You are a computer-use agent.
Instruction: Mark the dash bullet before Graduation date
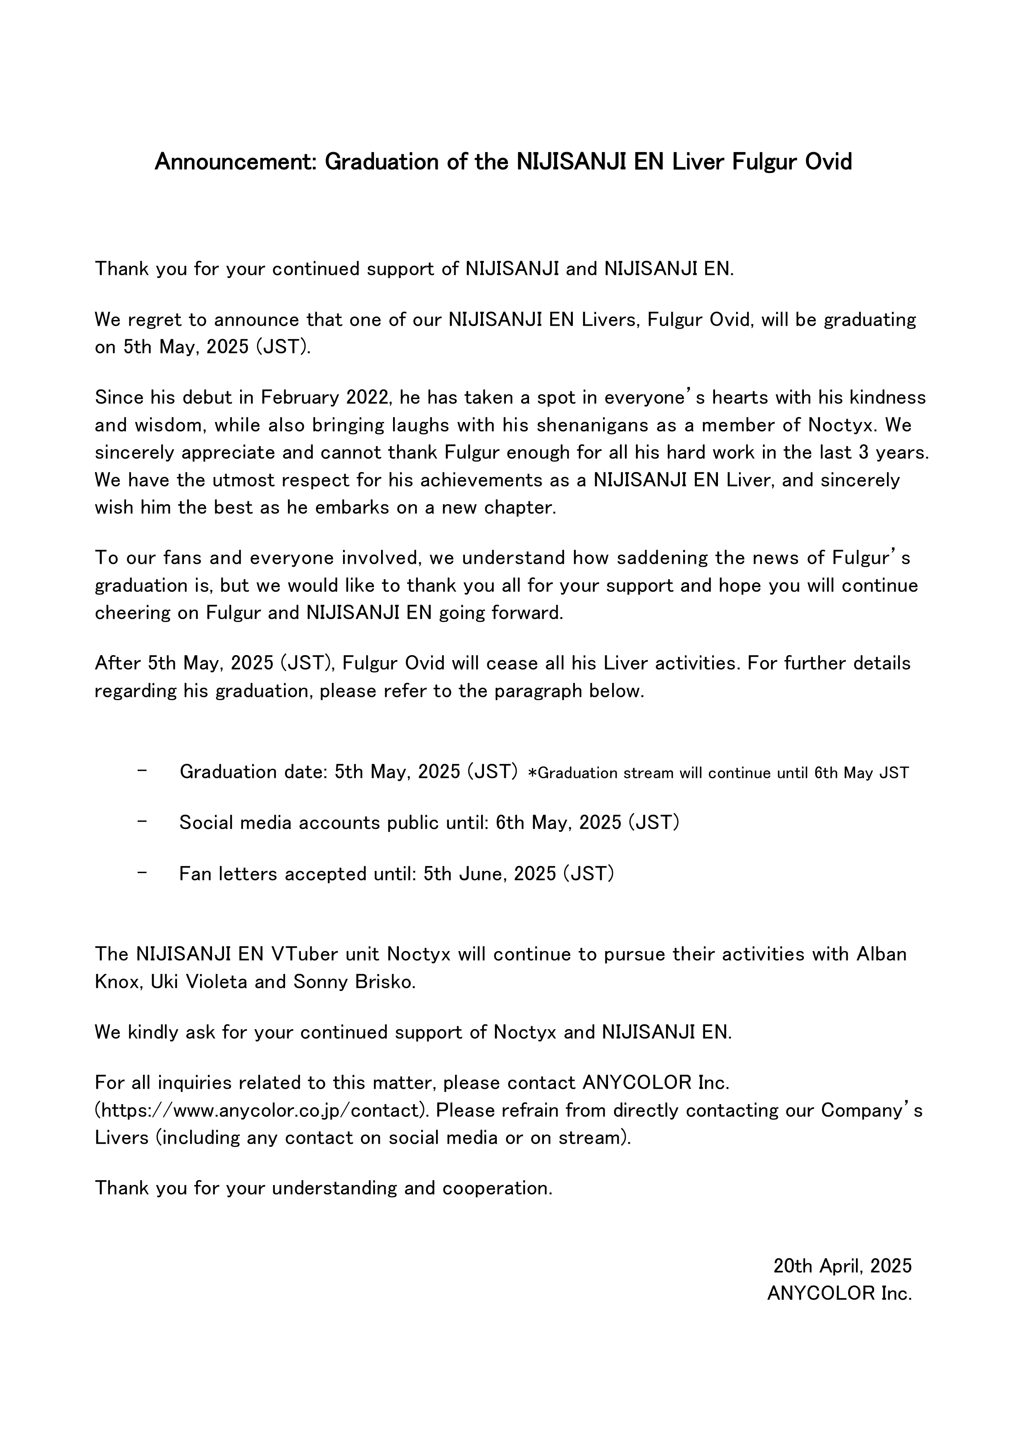(142, 770)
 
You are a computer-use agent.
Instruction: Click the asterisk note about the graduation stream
(718, 773)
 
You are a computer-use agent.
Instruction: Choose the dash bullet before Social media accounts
(142, 822)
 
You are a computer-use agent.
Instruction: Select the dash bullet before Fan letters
(142, 873)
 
